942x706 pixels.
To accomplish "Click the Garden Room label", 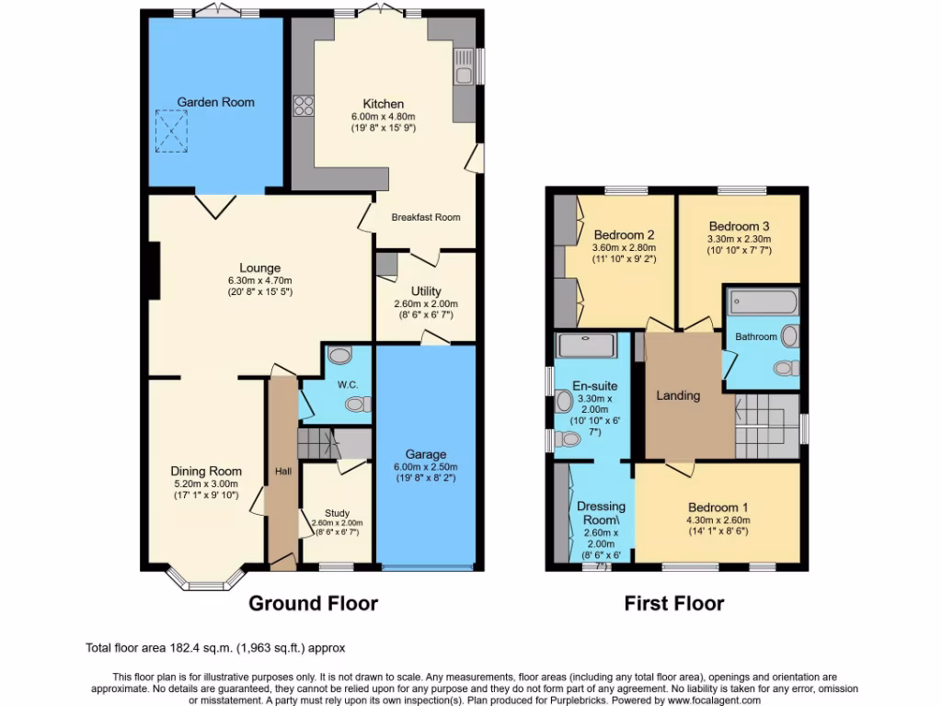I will coord(215,102).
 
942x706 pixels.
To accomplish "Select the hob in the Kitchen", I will coord(303,107).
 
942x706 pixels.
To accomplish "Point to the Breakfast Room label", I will coord(425,217).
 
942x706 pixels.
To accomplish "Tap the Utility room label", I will coord(426,290).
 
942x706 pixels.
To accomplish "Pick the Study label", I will coord(337,513).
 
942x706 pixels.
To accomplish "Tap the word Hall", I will coord(282,472).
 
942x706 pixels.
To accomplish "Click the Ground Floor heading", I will coord(314,604).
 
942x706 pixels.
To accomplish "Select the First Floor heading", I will coord(673,604).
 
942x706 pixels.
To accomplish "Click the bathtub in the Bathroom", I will coord(763,302).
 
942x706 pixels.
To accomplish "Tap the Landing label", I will coord(678,395).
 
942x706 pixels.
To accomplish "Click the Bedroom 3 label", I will coord(740,226).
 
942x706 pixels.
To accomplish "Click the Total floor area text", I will coord(215,648).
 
